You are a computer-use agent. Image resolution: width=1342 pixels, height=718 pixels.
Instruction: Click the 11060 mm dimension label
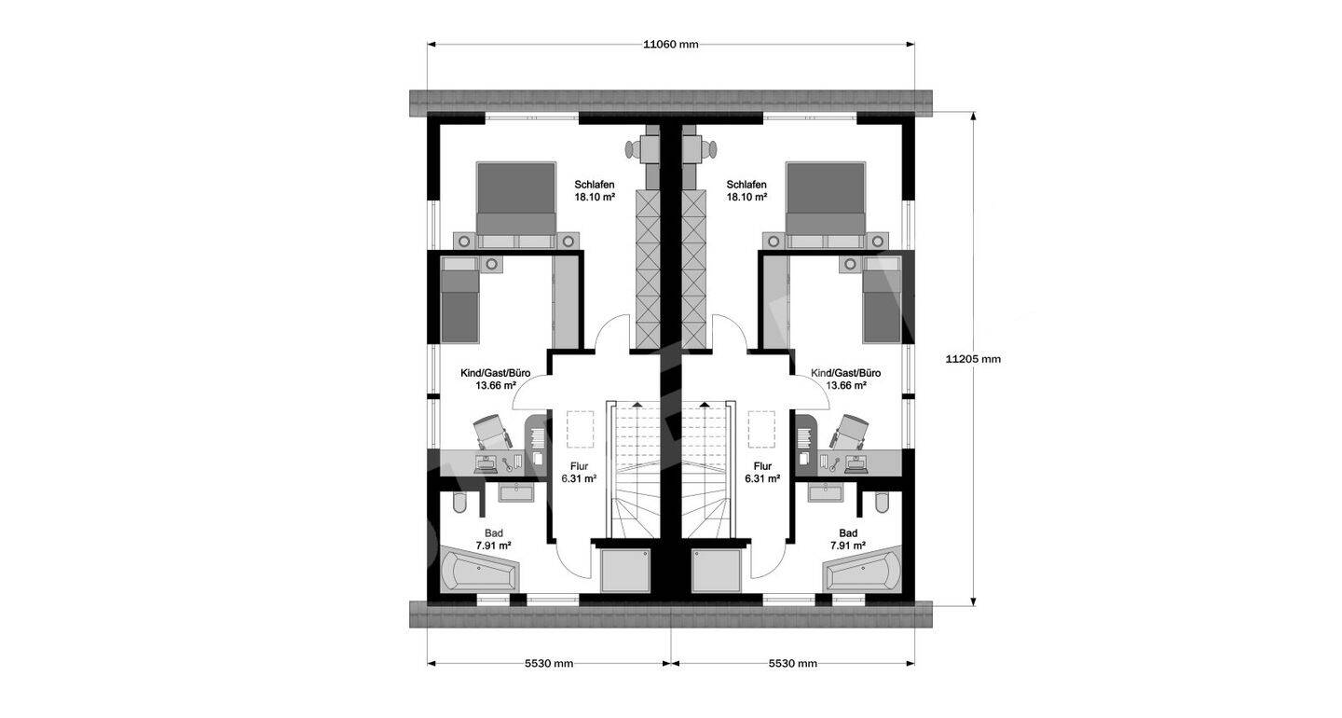[x=670, y=45]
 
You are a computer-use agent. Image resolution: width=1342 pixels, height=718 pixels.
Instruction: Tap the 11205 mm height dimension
[x=973, y=359]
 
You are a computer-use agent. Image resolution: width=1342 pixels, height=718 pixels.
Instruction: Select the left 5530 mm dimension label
[x=549, y=664]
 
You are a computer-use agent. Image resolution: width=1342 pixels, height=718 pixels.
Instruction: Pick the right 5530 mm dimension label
[x=792, y=664]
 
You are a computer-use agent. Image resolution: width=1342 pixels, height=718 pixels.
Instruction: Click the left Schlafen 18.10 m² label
[x=595, y=190]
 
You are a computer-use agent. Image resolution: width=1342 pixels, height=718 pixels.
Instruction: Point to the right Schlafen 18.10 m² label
[x=747, y=190]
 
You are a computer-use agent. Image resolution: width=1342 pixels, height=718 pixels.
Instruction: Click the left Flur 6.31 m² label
[x=579, y=472]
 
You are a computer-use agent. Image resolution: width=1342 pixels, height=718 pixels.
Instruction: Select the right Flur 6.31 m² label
[x=762, y=472]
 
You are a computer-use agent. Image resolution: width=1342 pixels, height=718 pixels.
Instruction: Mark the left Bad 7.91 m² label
[x=494, y=539]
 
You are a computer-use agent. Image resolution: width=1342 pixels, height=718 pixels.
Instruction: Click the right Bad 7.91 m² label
[x=848, y=539]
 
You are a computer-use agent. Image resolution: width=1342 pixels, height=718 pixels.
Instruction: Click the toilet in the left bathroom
[x=459, y=503]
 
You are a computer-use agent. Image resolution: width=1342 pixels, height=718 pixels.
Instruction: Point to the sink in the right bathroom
[x=825, y=492]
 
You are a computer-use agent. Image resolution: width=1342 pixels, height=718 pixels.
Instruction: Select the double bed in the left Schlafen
[x=516, y=205]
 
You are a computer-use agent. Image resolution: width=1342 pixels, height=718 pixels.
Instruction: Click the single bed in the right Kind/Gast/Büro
[x=882, y=299]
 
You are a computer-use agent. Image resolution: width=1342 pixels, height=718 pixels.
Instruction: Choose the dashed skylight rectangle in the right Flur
[x=760, y=429]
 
